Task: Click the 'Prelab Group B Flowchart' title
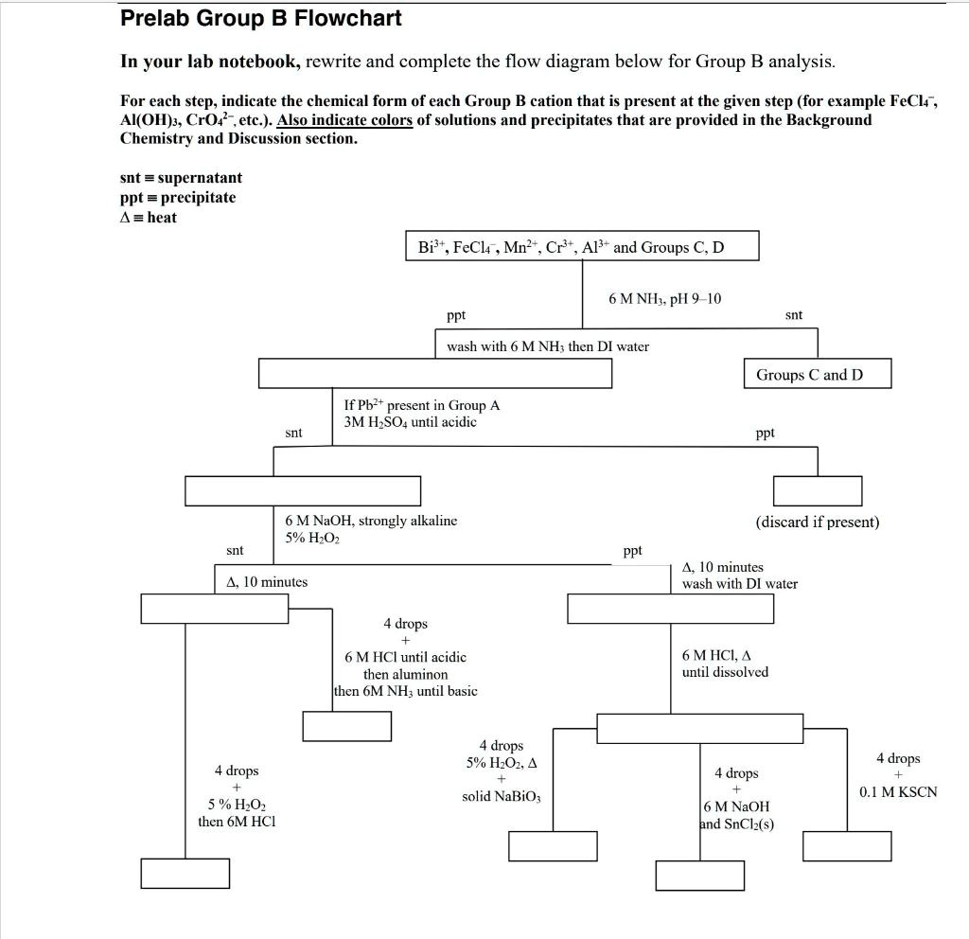point(260,18)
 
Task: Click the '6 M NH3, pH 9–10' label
point(664,299)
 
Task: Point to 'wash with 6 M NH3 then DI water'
point(548,346)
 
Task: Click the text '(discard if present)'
point(817,522)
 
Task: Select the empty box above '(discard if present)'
point(817,491)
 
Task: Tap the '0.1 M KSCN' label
point(897,792)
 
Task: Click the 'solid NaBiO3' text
point(502,796)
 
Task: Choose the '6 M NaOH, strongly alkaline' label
point(371,520)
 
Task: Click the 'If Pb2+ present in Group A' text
point(422,405)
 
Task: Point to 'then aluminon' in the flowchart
point(405,674)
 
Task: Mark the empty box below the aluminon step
point(346,725)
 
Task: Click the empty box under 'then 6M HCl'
point(185,873)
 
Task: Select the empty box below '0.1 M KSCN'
point(847,845)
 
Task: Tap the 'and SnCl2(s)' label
point(736,824)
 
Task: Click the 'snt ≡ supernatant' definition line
point(181,178)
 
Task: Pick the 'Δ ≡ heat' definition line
point(149,217)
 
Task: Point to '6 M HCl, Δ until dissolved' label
point(725,664)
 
